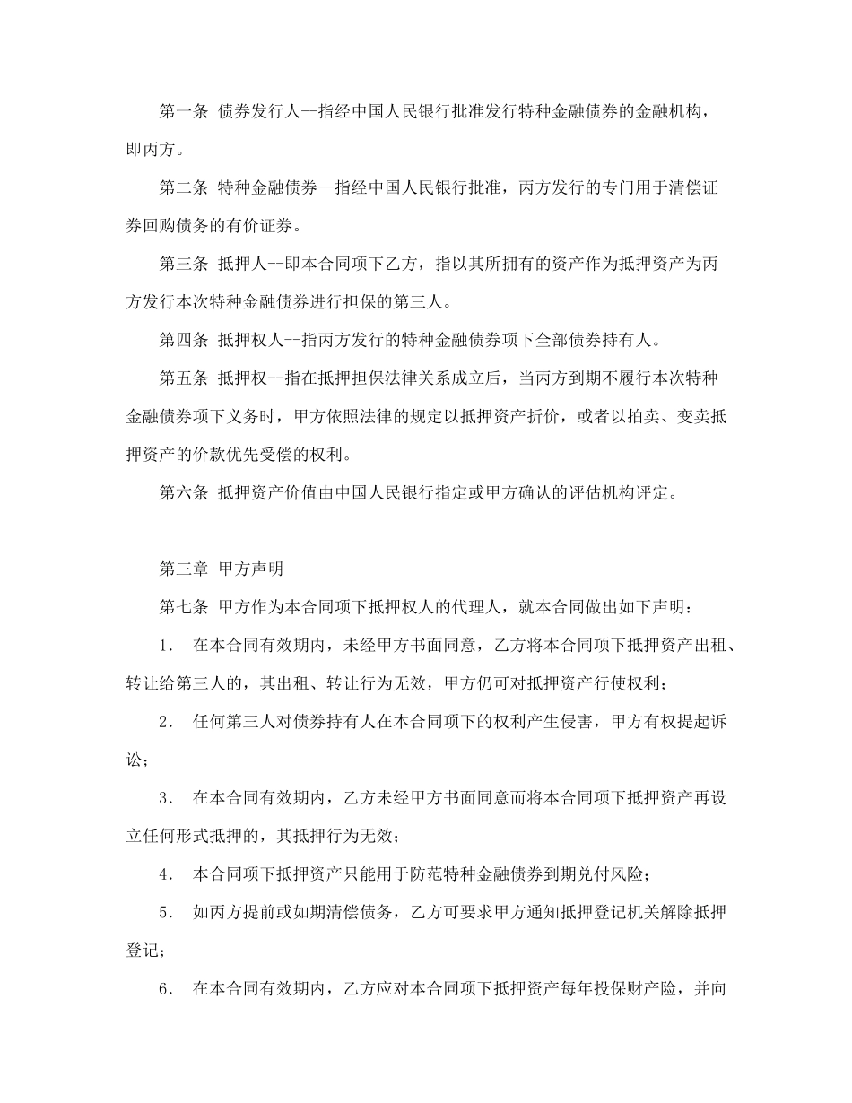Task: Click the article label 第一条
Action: click(183, 111)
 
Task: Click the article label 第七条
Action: click(183, 606)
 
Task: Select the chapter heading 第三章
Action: click(183, 569)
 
